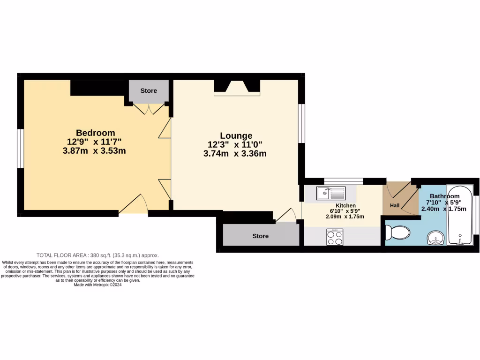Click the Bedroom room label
click(x=95, y=133)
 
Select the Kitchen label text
click(x=345, y=205)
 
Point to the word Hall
click(x=394, y=205)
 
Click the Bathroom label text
click(x=444, y=196)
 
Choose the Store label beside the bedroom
click(x=149, y=90)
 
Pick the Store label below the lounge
click(x=260, y=236)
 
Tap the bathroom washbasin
click(x=436, y=238)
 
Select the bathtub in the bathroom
click(x=459, y=215)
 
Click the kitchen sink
click(x=330, y=192)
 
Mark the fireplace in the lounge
click(x=237, y=88)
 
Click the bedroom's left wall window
click(x=21, y=148)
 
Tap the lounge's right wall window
click(x=302, y=123)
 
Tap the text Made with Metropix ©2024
click(x=97, y=285)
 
